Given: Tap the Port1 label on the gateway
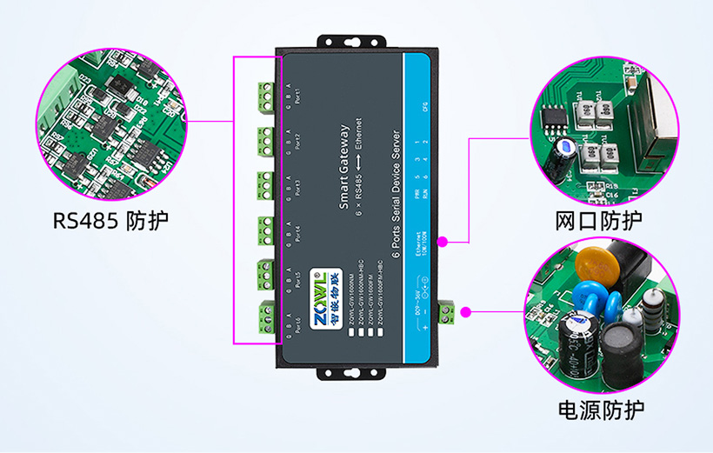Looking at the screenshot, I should [300, 94].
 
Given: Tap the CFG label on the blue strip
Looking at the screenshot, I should [424, 108].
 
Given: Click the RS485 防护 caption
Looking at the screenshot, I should [110, 219].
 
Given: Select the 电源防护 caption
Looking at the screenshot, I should [600, 409].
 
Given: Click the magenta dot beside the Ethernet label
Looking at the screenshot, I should [443, 240].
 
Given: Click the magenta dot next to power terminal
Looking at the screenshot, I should [466, 311].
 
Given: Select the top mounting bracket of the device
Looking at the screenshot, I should [336, 40].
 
